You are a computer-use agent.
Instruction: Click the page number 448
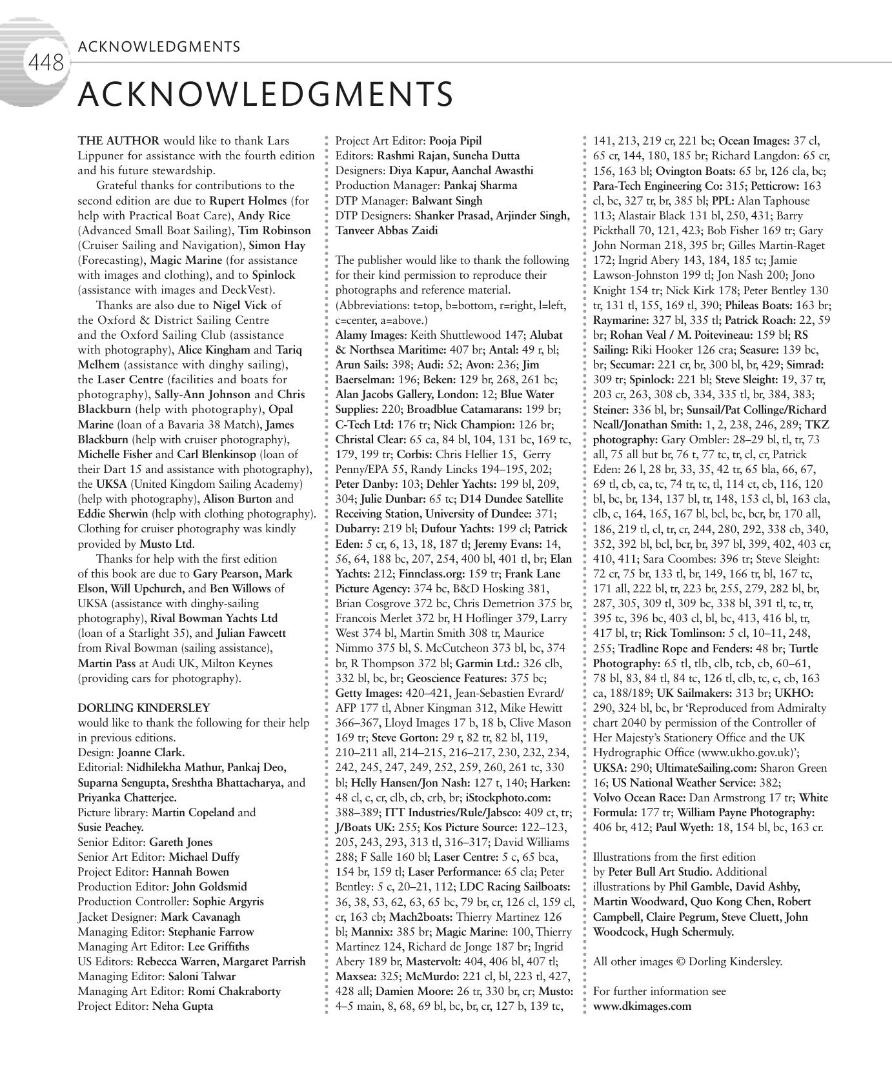click(46, 63)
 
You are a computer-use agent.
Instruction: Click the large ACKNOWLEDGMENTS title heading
click(265, 94)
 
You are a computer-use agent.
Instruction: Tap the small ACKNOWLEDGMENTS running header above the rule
click(159, 46)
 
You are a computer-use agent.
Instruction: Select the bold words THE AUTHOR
click(118, 141)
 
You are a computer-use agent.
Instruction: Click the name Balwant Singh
click(447, 201)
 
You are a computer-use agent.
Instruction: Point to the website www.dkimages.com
click(642, 1006)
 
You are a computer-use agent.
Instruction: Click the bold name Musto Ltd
click(167, 544)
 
